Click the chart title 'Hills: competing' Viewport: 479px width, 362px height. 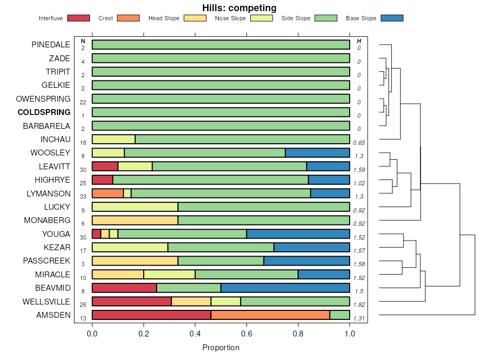pyautogui.click(x=239, y=8)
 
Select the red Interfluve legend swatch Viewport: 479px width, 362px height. pyautogui.click(x=78, y=18)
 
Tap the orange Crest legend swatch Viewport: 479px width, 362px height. pyautogui.click(x=128, y=18)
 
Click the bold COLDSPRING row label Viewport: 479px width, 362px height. pyautogui.click(x=44, y=112)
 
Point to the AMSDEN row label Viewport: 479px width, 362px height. pyautogui.click(x=53, y=315)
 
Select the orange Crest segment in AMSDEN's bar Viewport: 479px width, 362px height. pyautogui.click(x=270, y=315)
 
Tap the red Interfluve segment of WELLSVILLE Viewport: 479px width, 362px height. pyautogui.click(x=131, y=301)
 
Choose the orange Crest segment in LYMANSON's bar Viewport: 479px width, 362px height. pyautogui.click(x=108, y=193)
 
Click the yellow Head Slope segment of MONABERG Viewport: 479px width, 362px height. pyautogui.click(x=135, y=220)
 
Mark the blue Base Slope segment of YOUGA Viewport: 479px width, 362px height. pyautogui.click(x=298, y=234)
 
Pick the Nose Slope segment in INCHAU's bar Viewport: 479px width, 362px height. pyautogui.click(x=113, y=139)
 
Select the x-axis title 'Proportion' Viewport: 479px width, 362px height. pyautogui.click(x=221, y=348)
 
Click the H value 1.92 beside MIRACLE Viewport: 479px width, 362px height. pyautogui.click(x=359, y=278)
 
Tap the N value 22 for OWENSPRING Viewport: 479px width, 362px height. pyautogui.click(x=83, y=102)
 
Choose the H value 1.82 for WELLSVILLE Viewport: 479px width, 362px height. pyautogui.click(x=359, y=305)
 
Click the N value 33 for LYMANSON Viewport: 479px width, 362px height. pyautogui.click(x=83, y=197)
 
